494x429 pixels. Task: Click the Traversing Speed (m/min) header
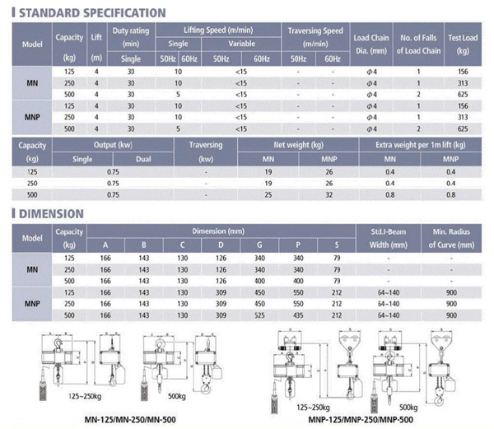(315, 37)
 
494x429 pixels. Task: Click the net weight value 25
(268, 195)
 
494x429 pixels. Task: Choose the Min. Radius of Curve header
(450, 238)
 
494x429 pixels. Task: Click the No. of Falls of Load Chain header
(418, 44)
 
